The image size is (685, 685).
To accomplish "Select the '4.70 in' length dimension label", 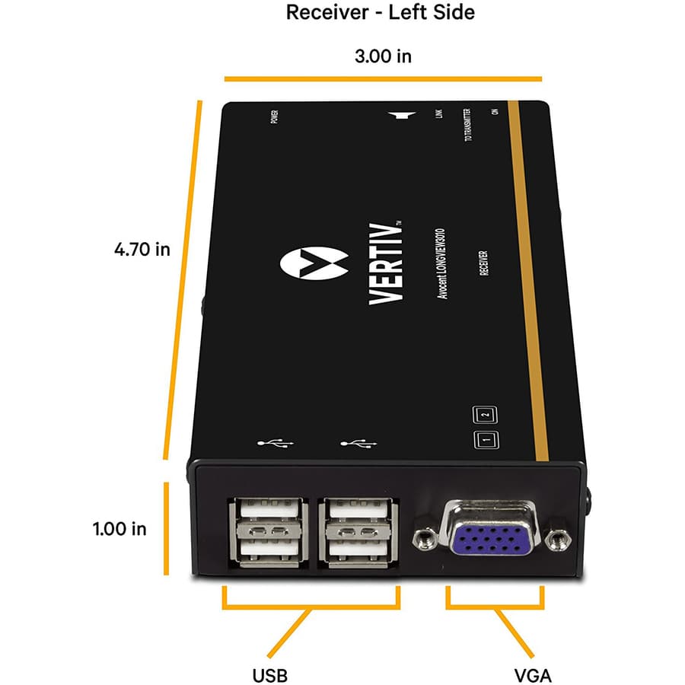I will click(142, 249).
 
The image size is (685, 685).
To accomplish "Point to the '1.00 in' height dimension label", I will click(119, 528).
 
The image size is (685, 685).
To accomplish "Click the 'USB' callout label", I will click(269, 675).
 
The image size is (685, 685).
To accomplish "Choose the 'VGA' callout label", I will click(532, 675).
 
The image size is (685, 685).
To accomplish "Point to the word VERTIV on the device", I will click(385, 262).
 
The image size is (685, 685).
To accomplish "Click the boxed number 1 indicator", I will click(486, 440).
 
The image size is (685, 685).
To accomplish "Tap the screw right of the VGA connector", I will click(559, 540).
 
